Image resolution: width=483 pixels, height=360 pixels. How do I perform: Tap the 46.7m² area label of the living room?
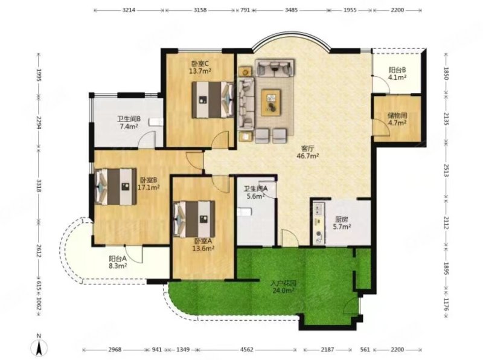coord(307,156)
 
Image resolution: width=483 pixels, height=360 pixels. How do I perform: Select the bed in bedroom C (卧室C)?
coord(213,100)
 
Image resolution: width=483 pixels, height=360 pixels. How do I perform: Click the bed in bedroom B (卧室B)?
coord(116,187)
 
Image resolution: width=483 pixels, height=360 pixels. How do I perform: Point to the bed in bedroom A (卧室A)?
coord(194,219)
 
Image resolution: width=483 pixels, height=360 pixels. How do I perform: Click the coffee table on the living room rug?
coord(270,103)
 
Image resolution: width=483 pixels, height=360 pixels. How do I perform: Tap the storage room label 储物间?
coord(397,115)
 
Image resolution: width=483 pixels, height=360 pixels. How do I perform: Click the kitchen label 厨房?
coord(342,220)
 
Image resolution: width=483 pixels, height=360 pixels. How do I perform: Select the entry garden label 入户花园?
coord(283,283)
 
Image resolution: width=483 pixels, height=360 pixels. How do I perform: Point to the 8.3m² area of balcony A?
coord(118,266)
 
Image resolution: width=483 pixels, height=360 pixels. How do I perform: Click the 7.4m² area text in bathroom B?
coord(129,126)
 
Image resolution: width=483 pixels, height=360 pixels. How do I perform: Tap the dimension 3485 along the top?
coord(291,10)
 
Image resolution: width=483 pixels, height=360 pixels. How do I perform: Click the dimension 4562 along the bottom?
coord(247,350)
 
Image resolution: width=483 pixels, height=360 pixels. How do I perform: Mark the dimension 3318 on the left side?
coord(39,186)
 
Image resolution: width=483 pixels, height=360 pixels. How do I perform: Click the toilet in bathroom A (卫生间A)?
coord(245,212)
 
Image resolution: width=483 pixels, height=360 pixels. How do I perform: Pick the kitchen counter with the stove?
coord(319,222)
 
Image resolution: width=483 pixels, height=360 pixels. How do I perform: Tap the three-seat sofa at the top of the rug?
coord(274,68)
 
